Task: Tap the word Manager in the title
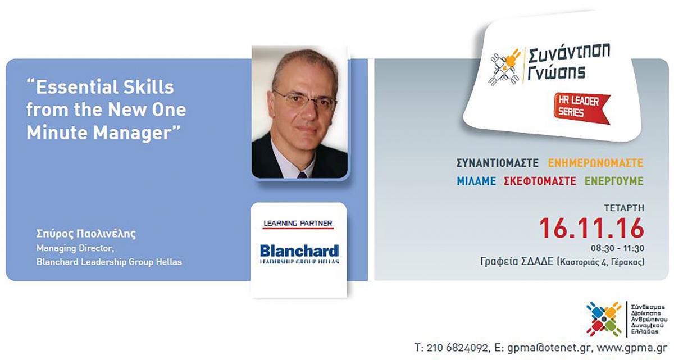133,133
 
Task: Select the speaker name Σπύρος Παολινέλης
86,234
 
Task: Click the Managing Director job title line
75,248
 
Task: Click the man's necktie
302,175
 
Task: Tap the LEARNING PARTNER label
298,223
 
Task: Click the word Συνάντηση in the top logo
569,54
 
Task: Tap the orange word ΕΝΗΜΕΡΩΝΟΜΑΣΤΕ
595,163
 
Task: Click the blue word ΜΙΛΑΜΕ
476,181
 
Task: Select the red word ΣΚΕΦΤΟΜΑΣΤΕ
540,181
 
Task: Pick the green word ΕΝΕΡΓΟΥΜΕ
614,181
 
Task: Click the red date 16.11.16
591,229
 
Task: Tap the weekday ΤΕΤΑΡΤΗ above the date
624,208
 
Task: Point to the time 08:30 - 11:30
617,248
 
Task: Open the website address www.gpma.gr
632,348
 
